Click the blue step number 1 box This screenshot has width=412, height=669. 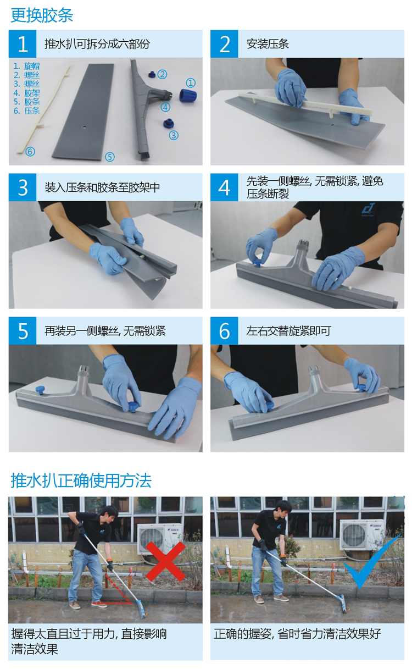(23, 43)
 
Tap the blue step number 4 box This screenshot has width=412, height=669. (224, 187)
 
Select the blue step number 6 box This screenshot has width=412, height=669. (224, 330)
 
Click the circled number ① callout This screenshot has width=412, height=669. (191, 82)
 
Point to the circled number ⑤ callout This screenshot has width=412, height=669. (110, 157)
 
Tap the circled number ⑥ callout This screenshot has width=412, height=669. (30, 151)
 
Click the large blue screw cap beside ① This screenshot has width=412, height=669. (188, 95)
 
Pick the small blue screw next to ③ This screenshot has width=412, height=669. (169, 123)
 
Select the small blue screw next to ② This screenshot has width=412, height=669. (152, 74)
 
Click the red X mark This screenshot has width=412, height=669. (166, 561)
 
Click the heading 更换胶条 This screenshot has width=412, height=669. (42, 15)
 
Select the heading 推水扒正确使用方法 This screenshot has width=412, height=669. (81, 481)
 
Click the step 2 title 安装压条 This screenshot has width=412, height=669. (268, 44)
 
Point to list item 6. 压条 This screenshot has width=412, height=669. (26, 111)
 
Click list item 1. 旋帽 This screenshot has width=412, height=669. (26, 66)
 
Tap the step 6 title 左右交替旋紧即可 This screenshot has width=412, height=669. (288, 331)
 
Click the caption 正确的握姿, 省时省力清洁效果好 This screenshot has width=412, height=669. (297, 634)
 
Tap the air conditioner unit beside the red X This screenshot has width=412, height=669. (160, 538)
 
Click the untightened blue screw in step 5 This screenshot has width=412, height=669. (40, 390)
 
